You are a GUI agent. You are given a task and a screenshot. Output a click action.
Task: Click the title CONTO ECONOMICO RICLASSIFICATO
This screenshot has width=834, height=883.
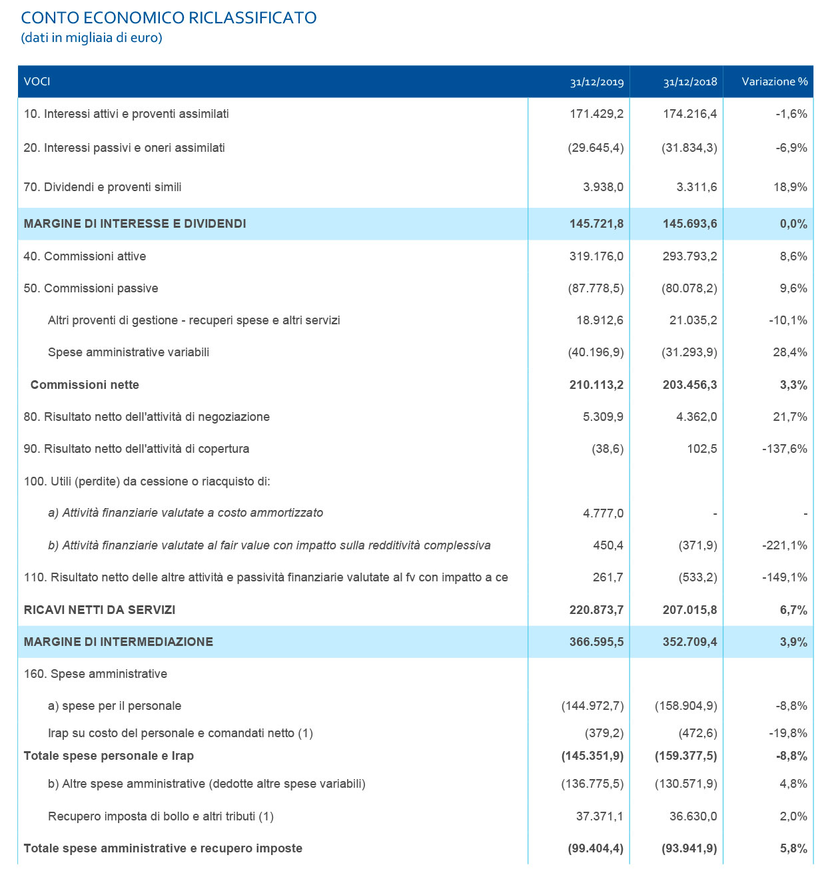click(169, 18)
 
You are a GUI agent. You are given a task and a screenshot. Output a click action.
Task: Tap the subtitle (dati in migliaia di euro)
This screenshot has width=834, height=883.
click(92, 38)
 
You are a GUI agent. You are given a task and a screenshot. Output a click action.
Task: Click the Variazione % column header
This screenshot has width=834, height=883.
click(775, 81)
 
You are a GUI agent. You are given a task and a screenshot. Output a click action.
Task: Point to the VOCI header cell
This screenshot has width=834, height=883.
click(37, 82)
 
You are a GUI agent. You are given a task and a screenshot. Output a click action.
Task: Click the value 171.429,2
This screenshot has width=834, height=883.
click(597, 114)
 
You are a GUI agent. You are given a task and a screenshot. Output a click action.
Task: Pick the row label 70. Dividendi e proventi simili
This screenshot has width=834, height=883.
click(103, 187)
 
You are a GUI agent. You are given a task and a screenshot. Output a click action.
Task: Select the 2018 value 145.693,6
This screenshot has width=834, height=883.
click(690, 224)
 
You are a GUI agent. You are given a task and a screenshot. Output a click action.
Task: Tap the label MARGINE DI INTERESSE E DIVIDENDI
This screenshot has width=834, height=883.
click(135, 224)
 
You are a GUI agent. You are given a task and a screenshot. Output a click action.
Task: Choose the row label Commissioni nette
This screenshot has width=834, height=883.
click(85, 385)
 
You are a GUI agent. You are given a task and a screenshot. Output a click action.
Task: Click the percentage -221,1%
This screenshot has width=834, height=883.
click(785, 545)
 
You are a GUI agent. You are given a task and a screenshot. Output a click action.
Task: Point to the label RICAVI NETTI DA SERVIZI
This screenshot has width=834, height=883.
click(100, 610)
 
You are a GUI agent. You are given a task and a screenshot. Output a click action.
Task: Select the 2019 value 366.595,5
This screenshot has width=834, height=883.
click(597, 642)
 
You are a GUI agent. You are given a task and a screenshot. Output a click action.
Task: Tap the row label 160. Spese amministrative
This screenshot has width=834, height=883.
click(96, 674)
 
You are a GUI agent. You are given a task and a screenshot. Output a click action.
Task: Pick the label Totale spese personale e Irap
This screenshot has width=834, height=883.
click(109, 756)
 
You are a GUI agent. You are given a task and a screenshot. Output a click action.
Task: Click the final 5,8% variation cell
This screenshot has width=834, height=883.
click(793, 848)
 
